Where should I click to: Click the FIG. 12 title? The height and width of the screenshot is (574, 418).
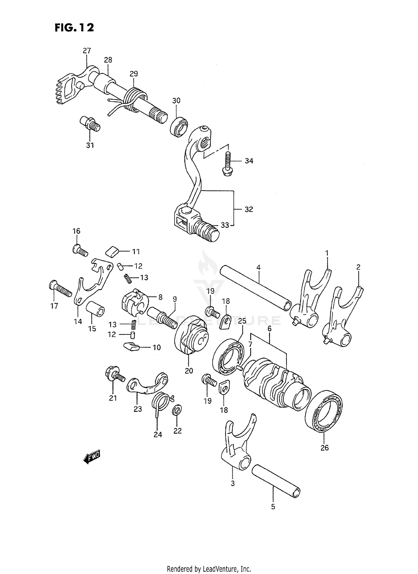tap(74, 28)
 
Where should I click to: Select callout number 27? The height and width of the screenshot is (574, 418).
tap(87, 50)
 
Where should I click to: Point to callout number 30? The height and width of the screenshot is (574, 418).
tap(176, 100)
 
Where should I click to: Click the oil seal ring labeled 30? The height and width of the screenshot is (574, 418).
tap(179, 127)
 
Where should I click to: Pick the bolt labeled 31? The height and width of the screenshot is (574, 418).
tap(90, 124)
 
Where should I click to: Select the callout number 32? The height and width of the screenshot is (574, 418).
tap(249, 209)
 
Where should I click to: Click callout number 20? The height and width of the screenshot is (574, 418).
tap(189, 371)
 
